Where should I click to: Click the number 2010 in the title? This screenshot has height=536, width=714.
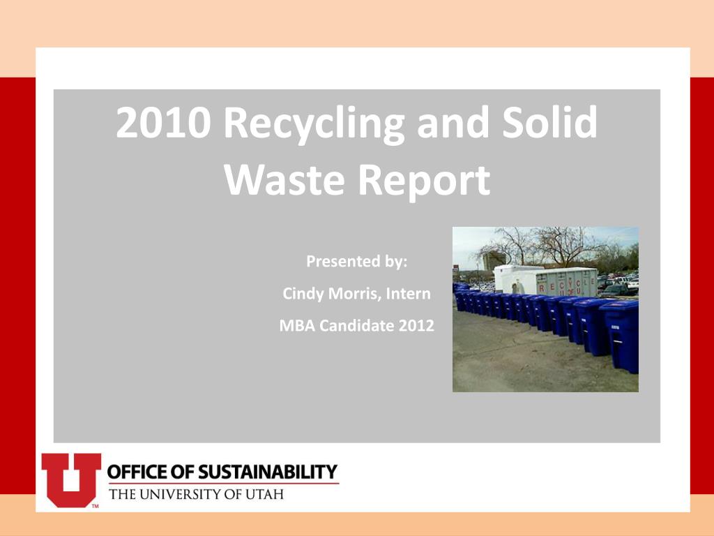coord(165,123)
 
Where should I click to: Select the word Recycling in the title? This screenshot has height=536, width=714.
coord(314,124)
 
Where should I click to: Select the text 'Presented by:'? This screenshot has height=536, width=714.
coord(356,262)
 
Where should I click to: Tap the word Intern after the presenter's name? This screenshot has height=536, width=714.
coord(408,294)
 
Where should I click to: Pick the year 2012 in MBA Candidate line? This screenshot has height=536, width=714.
coord(416,325)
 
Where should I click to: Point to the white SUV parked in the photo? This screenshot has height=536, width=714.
coord(630,283)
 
